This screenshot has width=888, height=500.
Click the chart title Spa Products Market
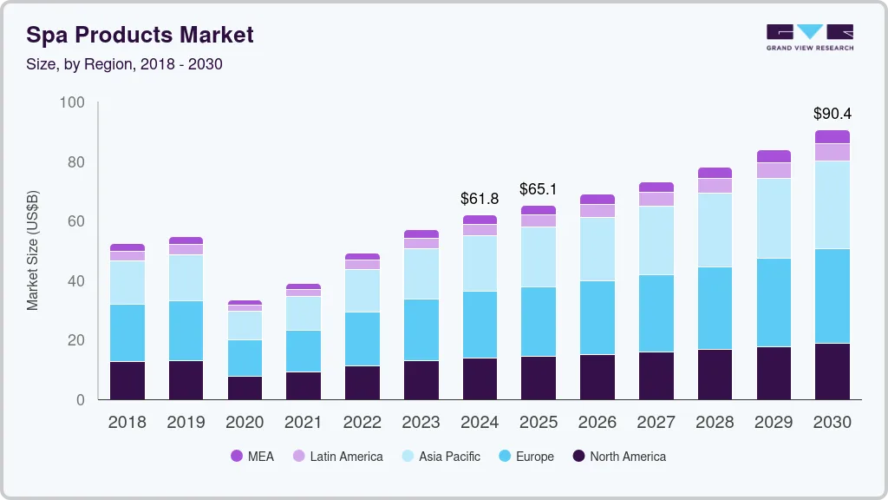click(x=140, y=35)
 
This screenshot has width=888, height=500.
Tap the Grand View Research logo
click(x=809, y=36)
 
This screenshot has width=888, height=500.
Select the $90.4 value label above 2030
click(x=832, y=114)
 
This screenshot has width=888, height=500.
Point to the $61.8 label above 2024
click(x=480, y=199)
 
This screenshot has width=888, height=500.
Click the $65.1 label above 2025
click(x=539, y=189)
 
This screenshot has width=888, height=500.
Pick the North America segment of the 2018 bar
click(x=127, y=380)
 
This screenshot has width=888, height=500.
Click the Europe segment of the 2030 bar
click(x=832, y=296)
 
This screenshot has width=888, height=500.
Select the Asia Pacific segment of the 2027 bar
click(x=656, y=240)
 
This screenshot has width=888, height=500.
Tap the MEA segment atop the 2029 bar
click(x=774, y=156)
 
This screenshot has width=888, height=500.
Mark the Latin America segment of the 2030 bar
click(x=832, y=152)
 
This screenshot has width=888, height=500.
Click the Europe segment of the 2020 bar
click(x=245, y=358)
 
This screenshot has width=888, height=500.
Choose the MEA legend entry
click(x=252, y=457)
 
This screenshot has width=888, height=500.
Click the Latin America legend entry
click(x=337, y=457)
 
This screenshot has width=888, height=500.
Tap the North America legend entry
click(x=618, y=457)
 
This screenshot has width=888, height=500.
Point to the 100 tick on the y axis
click(x=72, y=103)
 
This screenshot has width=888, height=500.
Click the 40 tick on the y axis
click(x=75, y=281)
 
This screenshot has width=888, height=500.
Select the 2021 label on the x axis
click(x=304, y=423)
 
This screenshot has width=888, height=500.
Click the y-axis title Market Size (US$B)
click(x=33, y=251)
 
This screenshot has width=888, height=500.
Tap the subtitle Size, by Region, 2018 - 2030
click(x=124, y=64)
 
